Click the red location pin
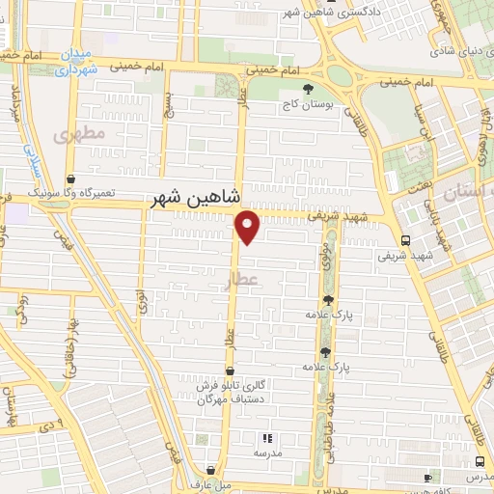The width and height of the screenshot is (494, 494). tap(248, 226)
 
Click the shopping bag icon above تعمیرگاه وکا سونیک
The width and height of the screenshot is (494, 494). tap(70, 178)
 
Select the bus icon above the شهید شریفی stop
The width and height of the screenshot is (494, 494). tap(404, 240)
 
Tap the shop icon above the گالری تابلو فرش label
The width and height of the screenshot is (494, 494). tap(229, 370)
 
